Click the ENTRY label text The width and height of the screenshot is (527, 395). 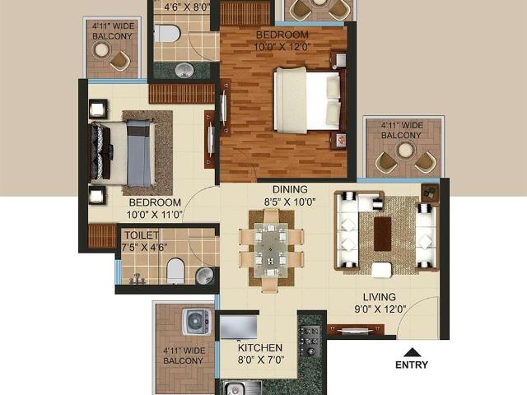point(412,365)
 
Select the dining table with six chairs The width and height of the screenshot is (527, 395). point(271,246)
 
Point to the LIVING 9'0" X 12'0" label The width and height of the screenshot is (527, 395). point(380,303)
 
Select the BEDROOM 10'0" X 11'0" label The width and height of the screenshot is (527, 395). point(155,208)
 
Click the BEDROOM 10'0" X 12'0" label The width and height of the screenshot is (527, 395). point(282,41)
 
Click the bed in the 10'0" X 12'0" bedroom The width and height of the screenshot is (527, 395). point(306,99)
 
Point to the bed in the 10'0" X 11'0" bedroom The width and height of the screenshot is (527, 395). point(124,153)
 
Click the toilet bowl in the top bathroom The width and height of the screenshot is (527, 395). point(167,34)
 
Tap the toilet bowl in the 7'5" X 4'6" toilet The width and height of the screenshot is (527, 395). point(175,270)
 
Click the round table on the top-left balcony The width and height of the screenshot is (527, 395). point(102,49)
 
